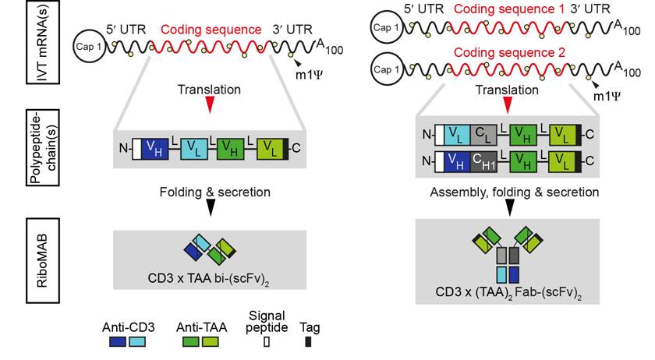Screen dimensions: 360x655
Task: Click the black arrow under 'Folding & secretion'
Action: [x=209, y=206]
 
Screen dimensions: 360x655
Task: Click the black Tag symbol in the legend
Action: [x=307, y=342]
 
